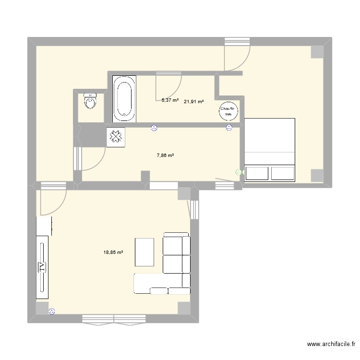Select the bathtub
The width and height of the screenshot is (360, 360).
125,98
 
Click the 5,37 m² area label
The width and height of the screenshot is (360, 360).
170,100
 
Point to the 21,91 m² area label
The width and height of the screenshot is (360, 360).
193,102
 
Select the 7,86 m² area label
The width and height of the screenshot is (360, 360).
165,156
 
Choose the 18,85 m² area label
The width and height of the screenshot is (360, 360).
113,252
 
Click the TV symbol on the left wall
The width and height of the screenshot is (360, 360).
42,267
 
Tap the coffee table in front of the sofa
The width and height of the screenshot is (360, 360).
144,252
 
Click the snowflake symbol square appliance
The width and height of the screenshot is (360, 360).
116,137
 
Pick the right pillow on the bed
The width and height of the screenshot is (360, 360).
282,173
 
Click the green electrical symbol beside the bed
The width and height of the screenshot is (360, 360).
239,172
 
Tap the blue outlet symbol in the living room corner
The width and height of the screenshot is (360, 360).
52,311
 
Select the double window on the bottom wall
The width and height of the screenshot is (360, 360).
114,318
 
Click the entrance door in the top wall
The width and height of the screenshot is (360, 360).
237,53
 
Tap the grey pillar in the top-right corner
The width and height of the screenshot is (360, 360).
317,52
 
